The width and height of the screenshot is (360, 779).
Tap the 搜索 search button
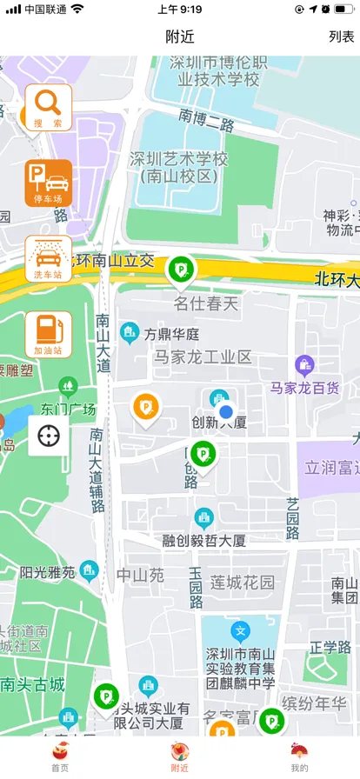49,107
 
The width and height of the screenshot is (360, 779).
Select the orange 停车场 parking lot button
49,183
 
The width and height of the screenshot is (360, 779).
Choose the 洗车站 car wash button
49,258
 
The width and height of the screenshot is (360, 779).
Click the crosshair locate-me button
49,435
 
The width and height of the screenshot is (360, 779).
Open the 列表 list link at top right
341,37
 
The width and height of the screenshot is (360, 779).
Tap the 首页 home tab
60,756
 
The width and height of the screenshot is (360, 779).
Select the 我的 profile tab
299,756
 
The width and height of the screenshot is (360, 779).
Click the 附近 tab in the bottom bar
180,756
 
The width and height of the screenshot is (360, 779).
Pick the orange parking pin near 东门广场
145,408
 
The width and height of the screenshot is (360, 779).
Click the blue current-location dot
226,411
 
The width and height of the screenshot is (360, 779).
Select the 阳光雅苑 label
48,572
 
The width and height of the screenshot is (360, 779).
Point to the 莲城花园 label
243,582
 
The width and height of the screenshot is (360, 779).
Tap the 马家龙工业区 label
203,356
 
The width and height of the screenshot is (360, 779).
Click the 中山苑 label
141,575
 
